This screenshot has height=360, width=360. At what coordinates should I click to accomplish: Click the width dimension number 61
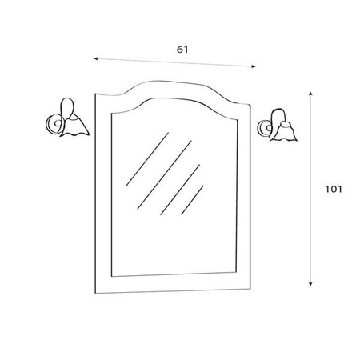tap(182, 50)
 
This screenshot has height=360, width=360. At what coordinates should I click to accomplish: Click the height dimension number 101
tap(334, 189)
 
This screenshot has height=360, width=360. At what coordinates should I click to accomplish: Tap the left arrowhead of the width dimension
tap(96, 58)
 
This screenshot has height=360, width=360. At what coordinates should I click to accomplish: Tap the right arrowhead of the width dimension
tap(254, 66)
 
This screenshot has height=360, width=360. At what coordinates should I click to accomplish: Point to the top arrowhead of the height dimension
tap(310, 94)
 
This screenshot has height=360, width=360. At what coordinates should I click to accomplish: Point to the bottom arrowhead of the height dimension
tap(310, 284)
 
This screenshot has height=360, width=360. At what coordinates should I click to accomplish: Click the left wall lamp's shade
tap(75, 126)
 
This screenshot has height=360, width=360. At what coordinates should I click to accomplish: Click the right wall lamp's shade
tap(284, 131)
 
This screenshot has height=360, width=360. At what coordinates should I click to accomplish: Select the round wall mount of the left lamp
tap(54, 123)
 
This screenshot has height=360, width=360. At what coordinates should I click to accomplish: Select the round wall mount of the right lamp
tap(265, 129)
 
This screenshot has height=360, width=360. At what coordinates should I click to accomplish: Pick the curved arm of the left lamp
tap(66, 107)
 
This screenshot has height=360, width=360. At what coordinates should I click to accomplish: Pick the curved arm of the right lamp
tap(278, 115)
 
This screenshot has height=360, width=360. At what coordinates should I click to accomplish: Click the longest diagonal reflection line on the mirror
tap(165, 174)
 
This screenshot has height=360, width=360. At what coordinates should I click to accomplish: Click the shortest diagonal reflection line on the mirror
tap(192, 200)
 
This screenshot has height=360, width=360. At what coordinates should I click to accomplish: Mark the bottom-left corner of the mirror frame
tap(95, 294)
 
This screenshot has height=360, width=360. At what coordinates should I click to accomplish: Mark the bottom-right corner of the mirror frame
tap(250, 289)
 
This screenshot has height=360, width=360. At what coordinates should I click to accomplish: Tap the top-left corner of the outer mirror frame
tap(95, 94)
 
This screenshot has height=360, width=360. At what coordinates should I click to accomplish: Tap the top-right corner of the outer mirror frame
tap(250, 105)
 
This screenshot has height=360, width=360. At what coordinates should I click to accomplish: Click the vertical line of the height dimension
tap(310, 189)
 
